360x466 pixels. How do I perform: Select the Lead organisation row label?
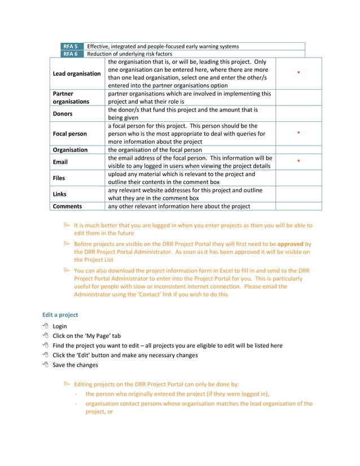(77, 73)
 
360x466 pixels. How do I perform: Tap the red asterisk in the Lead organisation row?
(298, 74)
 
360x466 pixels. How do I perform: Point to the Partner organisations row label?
(71, 98)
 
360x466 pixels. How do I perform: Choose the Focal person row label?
(70, 134)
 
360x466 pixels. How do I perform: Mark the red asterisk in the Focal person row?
(298, 134)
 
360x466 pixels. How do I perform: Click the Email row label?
(60, 162)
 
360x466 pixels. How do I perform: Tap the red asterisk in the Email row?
(298, 162)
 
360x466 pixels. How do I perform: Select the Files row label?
(59, 178)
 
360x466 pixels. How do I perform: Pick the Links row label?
(59, 194)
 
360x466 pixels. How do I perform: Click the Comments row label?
(67, 206)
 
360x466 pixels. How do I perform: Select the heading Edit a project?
(60, 314)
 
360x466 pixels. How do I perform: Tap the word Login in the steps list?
(60, 326)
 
